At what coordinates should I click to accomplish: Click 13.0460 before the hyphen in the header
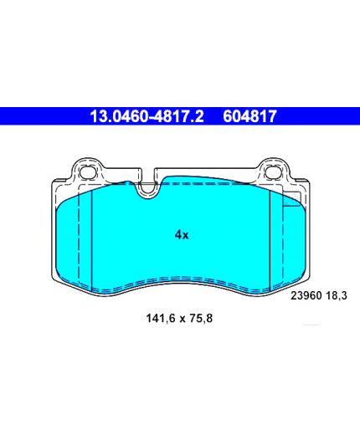pos(118,116)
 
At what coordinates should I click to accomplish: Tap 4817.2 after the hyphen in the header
pos(177,116)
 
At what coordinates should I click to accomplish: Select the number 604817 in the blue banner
pos(249,116)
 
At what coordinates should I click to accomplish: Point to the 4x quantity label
pos(182,235)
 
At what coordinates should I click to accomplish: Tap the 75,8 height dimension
pos(201,318)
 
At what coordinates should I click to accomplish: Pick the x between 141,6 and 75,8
pos(183,319)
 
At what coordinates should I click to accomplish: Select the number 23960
pos(306,295)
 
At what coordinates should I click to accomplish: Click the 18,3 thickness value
pos(337,295)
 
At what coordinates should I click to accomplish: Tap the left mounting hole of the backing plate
pos(86,171)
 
